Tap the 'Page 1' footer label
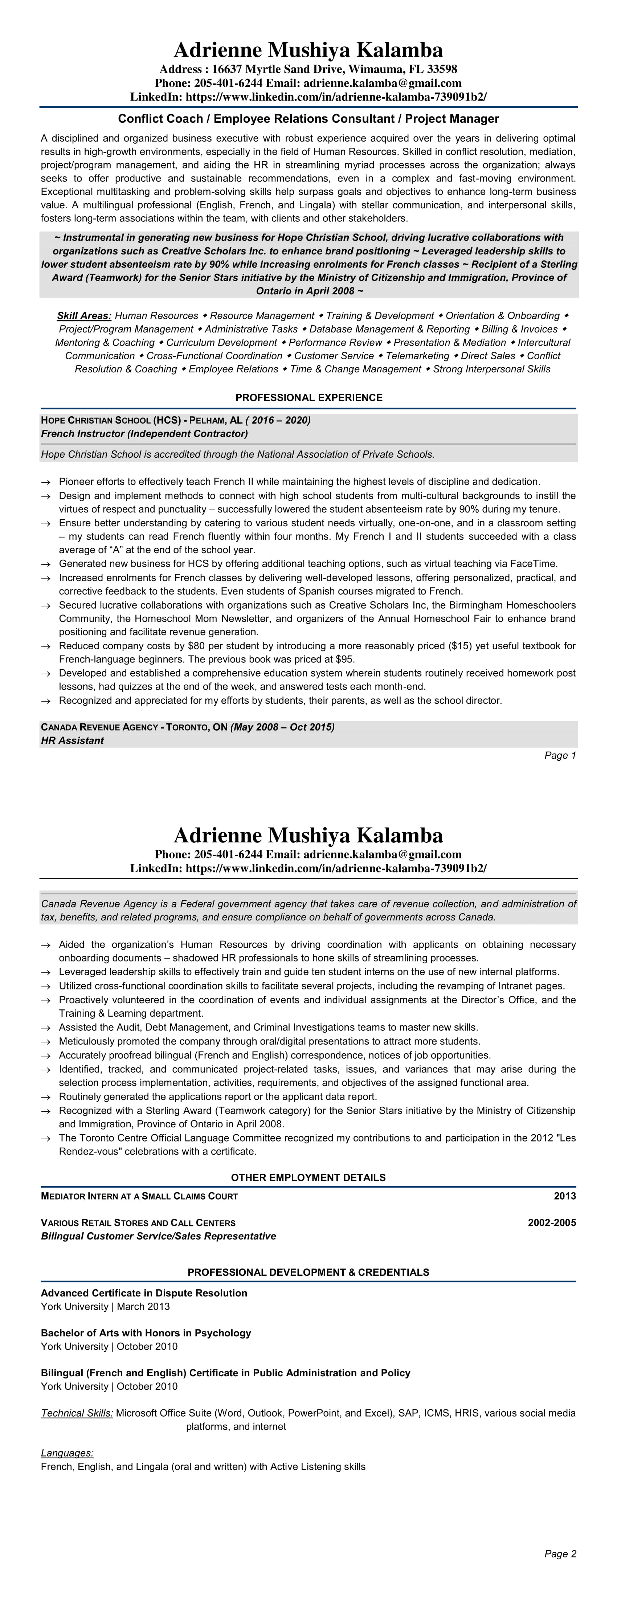pos(560,755)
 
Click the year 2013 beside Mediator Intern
pos(564,1196)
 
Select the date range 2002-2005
pos(551,1222)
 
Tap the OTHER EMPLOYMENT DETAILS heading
pos(308,1177)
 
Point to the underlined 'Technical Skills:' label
pos(77,1413)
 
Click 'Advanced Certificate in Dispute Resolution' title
pos(144,1293)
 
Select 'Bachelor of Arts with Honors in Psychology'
pos(146,1333)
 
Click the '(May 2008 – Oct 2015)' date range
pos(282,727)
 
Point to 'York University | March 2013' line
pos(105,1306)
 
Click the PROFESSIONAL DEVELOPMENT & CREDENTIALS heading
pos(308,1272)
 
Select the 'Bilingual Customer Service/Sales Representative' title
pos(158,1236)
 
